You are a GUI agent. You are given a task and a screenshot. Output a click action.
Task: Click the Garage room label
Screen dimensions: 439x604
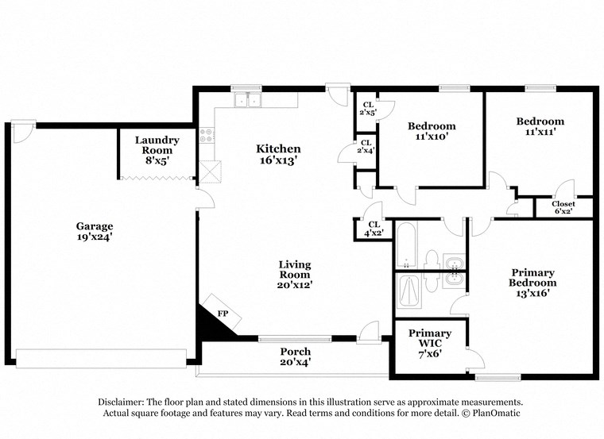point(94,231)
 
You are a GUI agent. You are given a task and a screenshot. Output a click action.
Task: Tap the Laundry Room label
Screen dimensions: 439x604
point(157,150)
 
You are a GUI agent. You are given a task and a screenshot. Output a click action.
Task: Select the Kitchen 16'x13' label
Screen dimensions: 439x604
point(277,154)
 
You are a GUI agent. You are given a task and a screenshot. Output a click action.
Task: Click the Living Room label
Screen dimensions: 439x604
point(294,275)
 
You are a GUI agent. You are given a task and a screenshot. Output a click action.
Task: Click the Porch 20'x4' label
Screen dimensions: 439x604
point(294,356)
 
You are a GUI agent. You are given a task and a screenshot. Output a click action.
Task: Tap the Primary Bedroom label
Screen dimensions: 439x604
point(532,283)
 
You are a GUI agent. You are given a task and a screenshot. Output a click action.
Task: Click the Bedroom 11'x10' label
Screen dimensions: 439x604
point(432,131)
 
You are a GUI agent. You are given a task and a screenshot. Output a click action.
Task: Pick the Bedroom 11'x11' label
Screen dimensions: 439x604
point(540,127)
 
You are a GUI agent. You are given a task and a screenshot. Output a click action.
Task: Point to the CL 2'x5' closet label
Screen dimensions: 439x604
point(367,109)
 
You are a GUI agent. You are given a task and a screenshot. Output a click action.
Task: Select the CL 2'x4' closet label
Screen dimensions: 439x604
point(366,147)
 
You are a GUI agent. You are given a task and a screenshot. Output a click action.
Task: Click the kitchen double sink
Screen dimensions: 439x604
point(248,101)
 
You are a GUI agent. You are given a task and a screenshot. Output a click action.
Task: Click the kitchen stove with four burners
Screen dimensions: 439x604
point(207,136)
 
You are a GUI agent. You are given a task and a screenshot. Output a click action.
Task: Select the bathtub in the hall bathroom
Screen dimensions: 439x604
point(405,247)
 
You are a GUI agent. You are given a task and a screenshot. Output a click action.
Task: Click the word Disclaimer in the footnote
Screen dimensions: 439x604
point(126,402)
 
